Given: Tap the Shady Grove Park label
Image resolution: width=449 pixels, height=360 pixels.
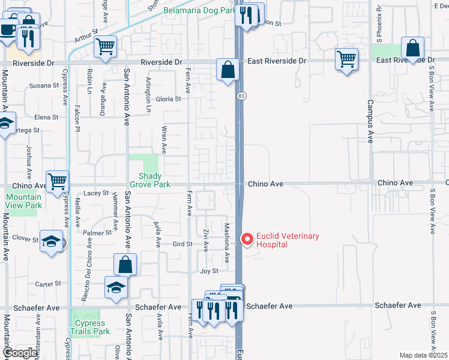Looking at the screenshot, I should coord(150,180).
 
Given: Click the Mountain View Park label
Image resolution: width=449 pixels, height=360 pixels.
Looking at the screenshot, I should coord(24,201).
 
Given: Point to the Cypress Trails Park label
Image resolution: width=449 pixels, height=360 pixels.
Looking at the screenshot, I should coord(90,327).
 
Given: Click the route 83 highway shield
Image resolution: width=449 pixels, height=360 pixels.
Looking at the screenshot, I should coord(241,96).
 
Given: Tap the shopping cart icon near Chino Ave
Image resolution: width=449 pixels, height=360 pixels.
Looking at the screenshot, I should coord(57,180).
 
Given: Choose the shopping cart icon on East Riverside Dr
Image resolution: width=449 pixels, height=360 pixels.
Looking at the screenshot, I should coord(346,59).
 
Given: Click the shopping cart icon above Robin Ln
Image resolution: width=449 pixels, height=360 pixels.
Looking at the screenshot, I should coord(105,46).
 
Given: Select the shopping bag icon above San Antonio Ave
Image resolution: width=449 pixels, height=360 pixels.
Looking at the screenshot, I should coord(125,264).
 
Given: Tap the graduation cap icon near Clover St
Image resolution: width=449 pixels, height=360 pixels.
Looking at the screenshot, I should coord(52,241).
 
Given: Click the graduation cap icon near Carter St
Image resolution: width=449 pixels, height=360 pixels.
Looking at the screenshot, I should coord(116,287).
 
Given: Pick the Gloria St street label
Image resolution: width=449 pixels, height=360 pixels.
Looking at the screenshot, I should coord(169,100).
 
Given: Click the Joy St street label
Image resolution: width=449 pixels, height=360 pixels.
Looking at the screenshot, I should coord(208,271).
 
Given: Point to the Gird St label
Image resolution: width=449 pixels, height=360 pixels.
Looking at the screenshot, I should coord(182,244).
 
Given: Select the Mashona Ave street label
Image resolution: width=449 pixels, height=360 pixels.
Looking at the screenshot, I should coord(227,244).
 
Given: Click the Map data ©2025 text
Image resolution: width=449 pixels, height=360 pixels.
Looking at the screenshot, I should coord(423,355).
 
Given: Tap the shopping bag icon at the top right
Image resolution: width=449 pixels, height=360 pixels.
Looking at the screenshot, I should coord(413,48).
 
